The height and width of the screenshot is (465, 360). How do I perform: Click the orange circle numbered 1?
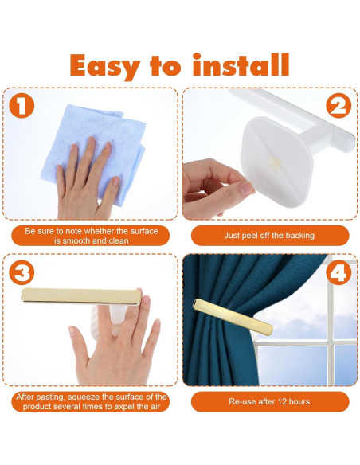pyautogui.click(x=22, y=106)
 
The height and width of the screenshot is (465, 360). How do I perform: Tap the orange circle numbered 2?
pyautogui.click(x=338, y=106)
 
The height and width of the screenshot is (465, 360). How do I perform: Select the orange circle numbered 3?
pyautogui.click(x=22, y=272)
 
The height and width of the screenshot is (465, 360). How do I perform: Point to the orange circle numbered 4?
pyautogui.click(x=338, y=272)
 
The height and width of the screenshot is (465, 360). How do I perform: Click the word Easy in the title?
pyautogui.click(x=104, y=67)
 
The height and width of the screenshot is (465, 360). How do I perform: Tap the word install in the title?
pyautogui.click(x=241, y=65)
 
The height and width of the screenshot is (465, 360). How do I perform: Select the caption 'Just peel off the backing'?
pyautogui.click(x=269, y=236)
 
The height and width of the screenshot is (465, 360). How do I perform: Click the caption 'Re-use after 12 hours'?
pyautogui.click(x=269, y=401)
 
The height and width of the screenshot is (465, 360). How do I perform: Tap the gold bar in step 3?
pyautogui.click(x=81, y=295)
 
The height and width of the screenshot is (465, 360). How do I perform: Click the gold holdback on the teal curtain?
pyautogui.click(x=233, y=317)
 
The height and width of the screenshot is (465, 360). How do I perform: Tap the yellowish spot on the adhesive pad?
pyautogui.click(x=274, y=161)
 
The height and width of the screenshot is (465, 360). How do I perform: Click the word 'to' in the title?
pyautogui.click(x=166, y=66)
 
